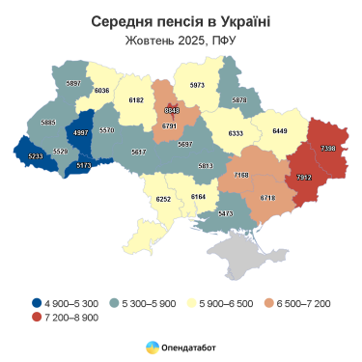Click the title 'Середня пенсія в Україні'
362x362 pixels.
[x=181, y=21]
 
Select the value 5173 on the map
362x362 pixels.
[x=85, y=166]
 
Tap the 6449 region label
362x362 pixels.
[x=281, y=130]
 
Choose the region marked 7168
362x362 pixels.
[x=240, y=175]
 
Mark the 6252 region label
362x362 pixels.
[x=163, y=198]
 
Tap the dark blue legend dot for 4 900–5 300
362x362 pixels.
[x=36, y=303]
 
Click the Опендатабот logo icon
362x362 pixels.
[x=153, y=346]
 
